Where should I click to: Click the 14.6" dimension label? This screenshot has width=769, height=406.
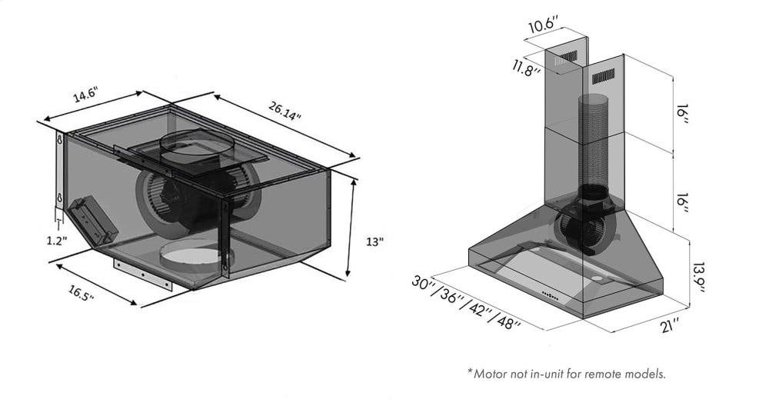(x=86, y=94)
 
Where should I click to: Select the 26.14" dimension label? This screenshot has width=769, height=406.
(x=285, y=110)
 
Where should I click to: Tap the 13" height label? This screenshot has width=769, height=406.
(x=375, y=241)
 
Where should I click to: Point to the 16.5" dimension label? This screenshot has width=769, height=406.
(x=81, y=293)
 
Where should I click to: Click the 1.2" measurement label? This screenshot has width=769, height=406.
(x=58, y=240)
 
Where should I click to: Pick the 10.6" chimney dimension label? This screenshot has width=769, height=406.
(x=544, y=25)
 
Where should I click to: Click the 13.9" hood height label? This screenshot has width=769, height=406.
(x=698, y=278)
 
